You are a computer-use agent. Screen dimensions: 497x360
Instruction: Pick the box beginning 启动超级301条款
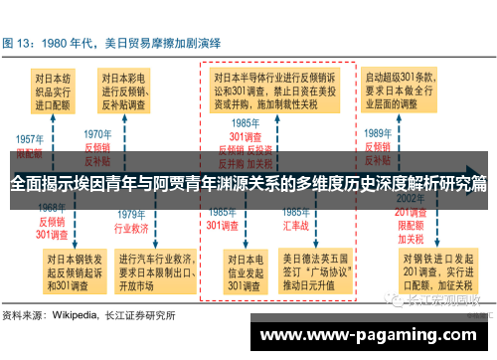tap(404, 90)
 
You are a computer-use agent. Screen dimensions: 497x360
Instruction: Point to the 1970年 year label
tap(97, 133)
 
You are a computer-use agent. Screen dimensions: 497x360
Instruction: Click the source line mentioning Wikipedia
tap(89, 316)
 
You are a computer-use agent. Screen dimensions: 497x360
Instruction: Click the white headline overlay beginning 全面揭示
tap(248, 184)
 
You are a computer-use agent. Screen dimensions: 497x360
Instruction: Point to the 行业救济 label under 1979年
tap(131, 228)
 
